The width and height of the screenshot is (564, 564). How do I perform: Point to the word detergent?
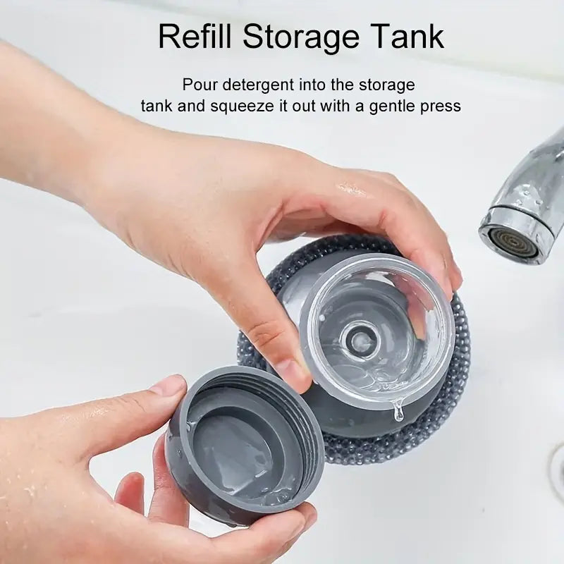259,85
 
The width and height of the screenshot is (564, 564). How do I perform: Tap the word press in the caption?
442,106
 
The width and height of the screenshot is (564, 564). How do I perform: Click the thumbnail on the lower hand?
168,387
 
